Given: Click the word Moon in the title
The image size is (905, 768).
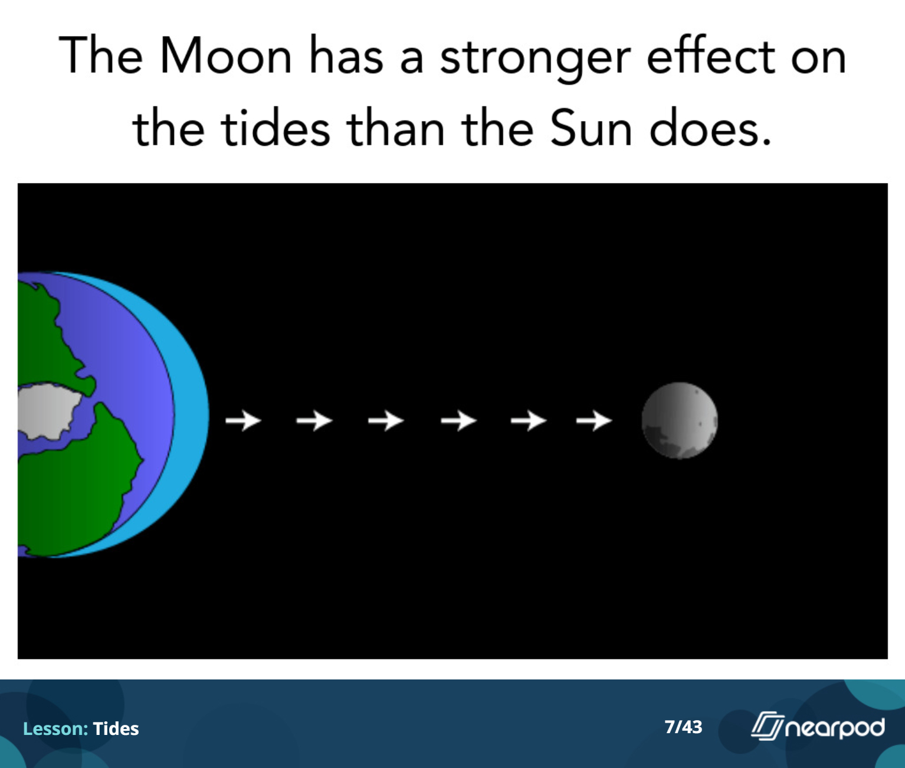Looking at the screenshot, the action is click(225, 55).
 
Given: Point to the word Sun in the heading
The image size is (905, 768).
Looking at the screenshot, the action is click(591, 128).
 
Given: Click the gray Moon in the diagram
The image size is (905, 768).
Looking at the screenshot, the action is click(680, 420).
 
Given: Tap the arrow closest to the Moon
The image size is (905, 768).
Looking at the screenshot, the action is click(594, 420).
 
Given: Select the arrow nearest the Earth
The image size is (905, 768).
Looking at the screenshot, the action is click(243, 420).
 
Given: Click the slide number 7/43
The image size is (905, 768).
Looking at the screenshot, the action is click(683, 727).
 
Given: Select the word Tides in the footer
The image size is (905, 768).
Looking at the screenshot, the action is click(116, 728).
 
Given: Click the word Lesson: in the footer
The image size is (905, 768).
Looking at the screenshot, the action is click(55, 728).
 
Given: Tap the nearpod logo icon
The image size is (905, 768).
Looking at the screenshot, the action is click(767, 726).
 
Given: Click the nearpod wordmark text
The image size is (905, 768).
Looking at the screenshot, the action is click(835, 728).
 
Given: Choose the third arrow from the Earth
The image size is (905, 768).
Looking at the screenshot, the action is click(386, 420).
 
